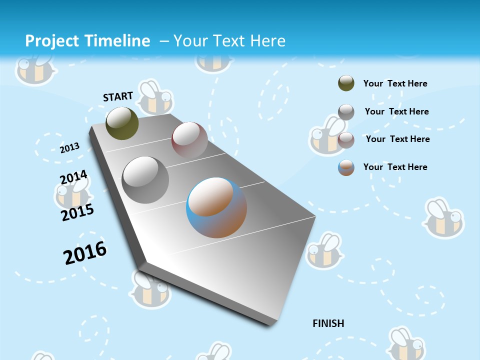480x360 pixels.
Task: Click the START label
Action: point(118,96)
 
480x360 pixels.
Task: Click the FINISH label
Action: point(328,323)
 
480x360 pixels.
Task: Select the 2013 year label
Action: point(69,147)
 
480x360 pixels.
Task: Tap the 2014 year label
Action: point(73,177)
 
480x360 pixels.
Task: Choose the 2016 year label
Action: point(85,253)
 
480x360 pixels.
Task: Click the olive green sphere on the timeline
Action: point(122,123)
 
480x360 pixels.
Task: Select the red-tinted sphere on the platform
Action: point(189,139)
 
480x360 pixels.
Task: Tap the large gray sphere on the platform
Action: point(145,180)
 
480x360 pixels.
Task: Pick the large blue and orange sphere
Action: point(216,207)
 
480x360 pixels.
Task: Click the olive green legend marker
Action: point(346,83)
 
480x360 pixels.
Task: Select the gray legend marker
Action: point(346,112)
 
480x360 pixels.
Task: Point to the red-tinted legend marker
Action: point(346,140)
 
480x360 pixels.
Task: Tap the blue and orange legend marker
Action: point(346,167)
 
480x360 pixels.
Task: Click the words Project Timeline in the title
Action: point(87,41)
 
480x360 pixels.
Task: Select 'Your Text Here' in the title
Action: point(229,41)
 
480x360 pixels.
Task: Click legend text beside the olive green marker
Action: point(395,83)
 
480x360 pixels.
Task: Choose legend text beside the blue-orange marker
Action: point(395,167)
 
